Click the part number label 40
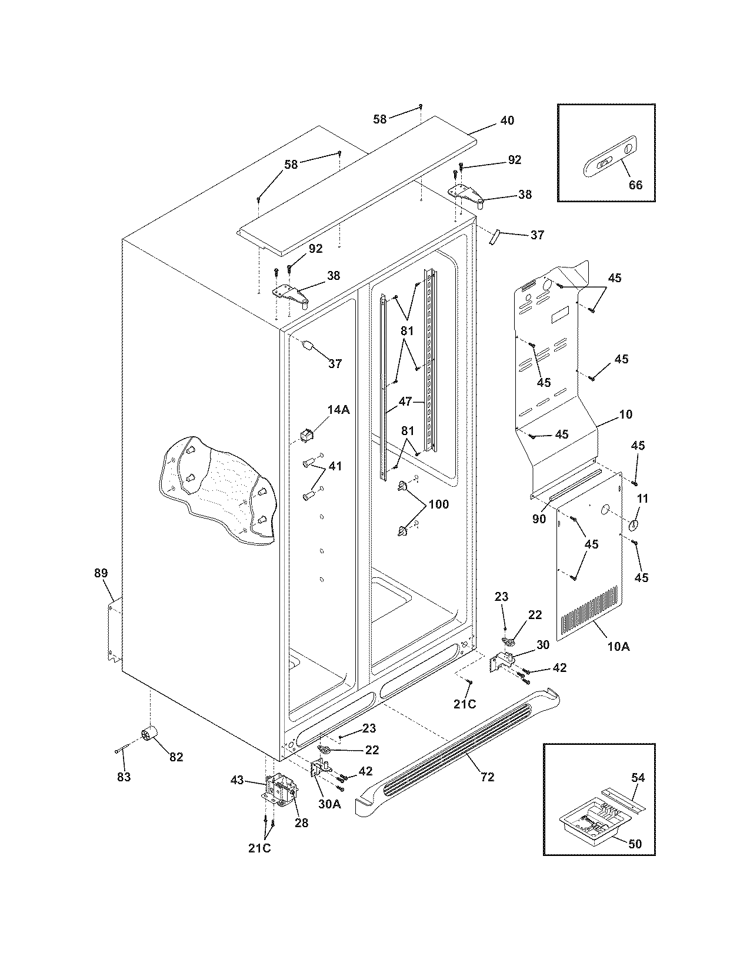[506, 121]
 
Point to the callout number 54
[637, 778]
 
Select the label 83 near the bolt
[123, 777]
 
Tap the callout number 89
[101, 573]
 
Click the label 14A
[338, 410]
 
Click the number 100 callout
[438, 504]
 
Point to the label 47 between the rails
[405, 402]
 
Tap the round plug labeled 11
[634, 524]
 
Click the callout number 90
[539, 519]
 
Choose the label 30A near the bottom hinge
[329, 804]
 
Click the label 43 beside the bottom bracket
[236, 780]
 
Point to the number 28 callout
[301, 822]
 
